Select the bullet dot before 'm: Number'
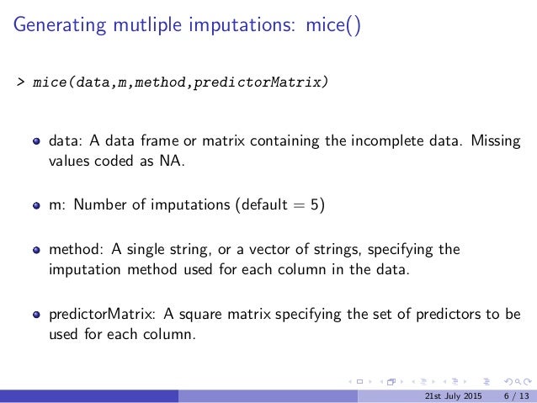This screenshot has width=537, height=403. point(37,205)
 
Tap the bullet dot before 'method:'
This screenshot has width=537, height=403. point(37,250)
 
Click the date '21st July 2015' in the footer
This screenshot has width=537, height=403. point(454,395)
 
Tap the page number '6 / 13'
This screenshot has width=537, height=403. point(517,395)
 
